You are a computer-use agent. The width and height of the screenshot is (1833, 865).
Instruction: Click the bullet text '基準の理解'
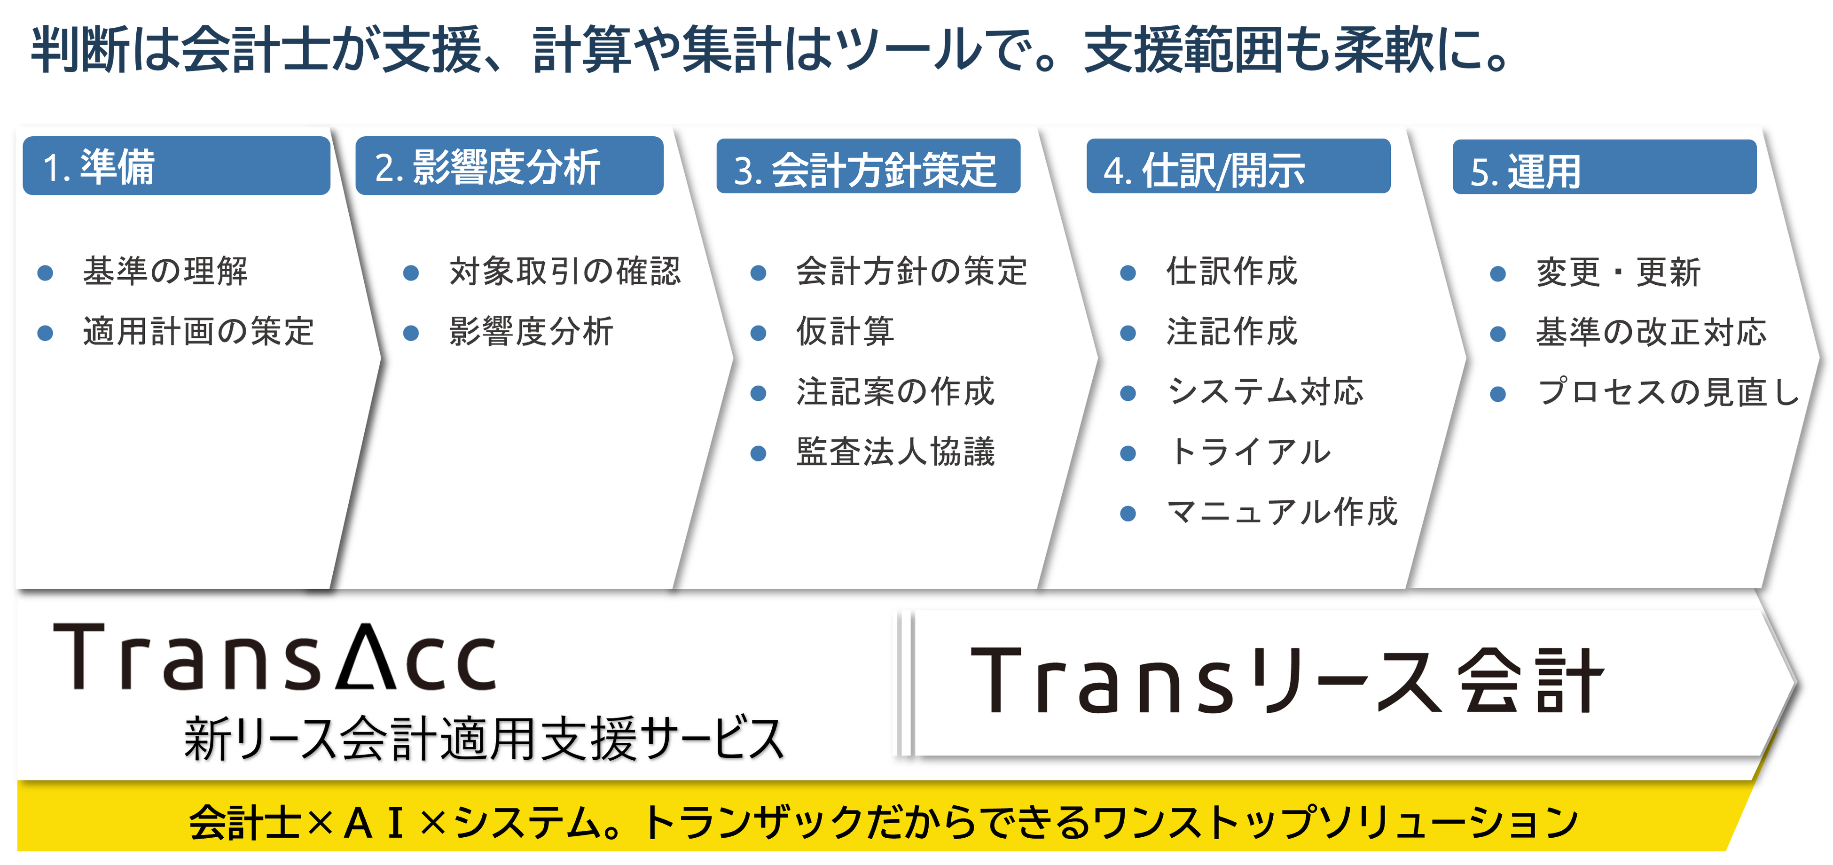[x=165, y=271]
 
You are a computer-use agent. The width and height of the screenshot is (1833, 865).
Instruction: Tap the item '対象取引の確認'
[x=565, y=271]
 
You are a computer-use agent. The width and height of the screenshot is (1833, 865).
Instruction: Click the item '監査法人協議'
[x=895, y=452]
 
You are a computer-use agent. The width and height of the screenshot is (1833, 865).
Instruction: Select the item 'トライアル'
[x=1248, y=452]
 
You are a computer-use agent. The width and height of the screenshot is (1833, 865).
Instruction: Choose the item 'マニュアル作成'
[x=1282, y=512]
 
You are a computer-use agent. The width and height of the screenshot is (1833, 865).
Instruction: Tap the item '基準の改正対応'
[x=1651, y=332]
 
